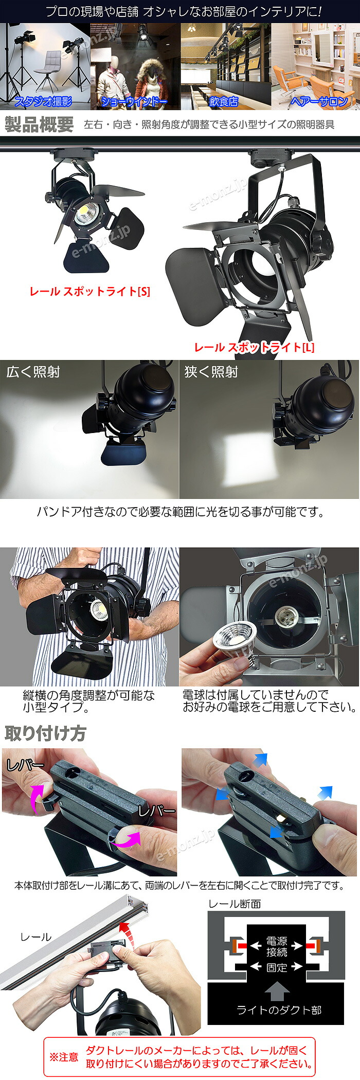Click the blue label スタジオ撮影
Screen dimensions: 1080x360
[x=43, y=101]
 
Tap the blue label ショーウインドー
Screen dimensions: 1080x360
[x=134, y=101]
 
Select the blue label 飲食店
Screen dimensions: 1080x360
[x=224, y=101]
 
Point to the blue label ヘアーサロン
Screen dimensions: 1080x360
[x=319, y=101]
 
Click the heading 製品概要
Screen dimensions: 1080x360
[x=39, y=124]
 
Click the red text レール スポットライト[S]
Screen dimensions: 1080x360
[x=90, y=292]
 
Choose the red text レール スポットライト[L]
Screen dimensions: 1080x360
[x=254, y=347]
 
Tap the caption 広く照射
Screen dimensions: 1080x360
[x=33, y=372]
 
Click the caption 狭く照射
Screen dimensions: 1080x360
[x=211, y=372]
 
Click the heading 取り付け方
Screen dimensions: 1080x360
[x=45, y=733]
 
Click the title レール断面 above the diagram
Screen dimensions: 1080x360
[x=235, y=904]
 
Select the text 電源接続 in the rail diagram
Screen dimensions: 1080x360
[x=277, y=946]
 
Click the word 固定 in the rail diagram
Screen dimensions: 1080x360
[x=277, y=967]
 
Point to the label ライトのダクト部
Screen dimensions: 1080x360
[x=278, y=1010]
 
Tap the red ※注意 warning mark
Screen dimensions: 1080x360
[x=64, y=1057]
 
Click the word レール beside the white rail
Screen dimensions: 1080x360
[x=35, y=937]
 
